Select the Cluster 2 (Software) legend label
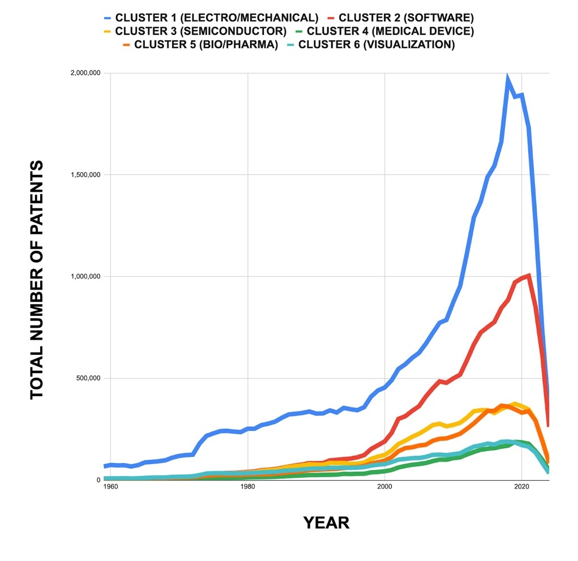[x=406, y=18]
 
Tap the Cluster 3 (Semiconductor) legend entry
[x=201, y=31]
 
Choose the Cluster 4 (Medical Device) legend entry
[x=390, y=31]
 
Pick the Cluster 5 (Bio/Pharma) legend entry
[x=206, y=45]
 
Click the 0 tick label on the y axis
[x=97, y=480]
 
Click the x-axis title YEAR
[x=326, y=523]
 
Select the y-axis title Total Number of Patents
[x=36, y=280]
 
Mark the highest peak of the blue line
[x=507, y=79]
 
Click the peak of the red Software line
[x=528, y=275]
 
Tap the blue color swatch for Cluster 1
[x=107, y=18]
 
